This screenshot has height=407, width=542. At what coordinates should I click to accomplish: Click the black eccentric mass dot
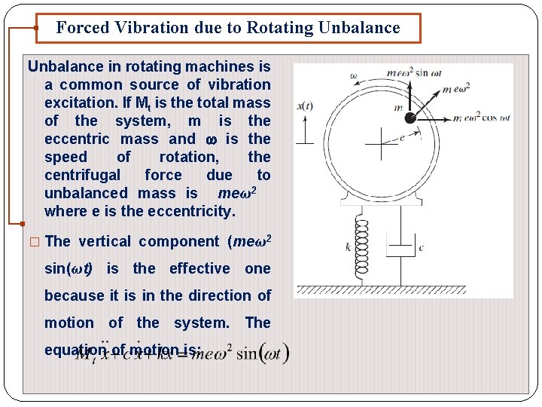410,118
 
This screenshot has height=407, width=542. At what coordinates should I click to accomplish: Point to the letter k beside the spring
349,246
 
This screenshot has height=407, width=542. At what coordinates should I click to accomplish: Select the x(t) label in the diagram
305,106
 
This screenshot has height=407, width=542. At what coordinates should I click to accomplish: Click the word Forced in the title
84,28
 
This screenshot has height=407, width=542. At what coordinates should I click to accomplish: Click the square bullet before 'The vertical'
35,242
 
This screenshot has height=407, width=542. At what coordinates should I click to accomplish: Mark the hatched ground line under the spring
403,291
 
